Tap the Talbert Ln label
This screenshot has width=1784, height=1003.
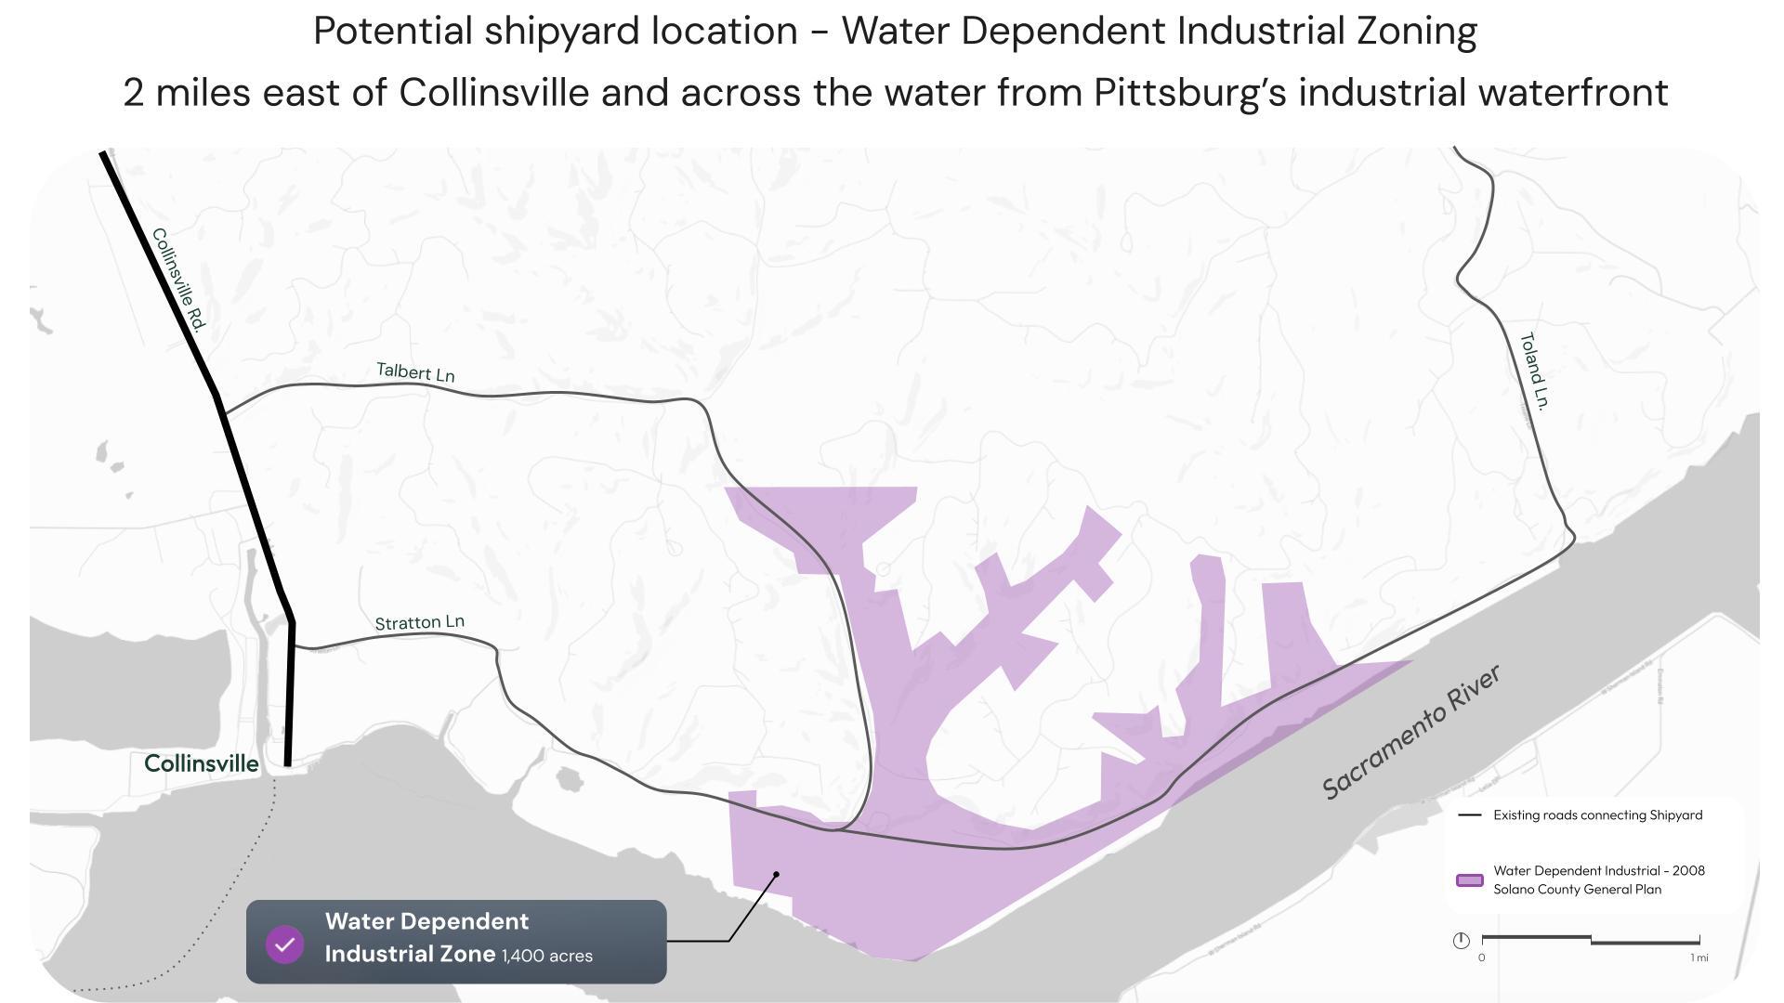pos(415,372)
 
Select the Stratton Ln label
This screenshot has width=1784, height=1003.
pos(419,622)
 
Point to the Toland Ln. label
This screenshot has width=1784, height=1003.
pos(1534,371)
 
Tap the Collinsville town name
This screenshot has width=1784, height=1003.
pos(202,764)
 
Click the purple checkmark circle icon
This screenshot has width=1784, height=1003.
pos(285,944)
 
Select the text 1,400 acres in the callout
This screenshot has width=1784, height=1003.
pos(547,957)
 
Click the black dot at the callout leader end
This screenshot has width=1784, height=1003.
pos(777,875)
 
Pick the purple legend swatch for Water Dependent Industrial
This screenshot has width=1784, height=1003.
pos(1469,880)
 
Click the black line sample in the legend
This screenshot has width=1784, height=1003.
pos(1470,815)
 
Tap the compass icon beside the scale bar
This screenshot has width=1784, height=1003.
pos(1461,941)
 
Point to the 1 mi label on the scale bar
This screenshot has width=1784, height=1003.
pos(1699,957)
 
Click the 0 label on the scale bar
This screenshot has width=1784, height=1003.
pos(1481,957)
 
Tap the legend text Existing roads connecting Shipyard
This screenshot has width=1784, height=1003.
pos(1597,815)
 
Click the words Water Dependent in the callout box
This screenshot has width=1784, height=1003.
pos(426,922)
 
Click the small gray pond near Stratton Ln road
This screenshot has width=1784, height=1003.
pos(569,779)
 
